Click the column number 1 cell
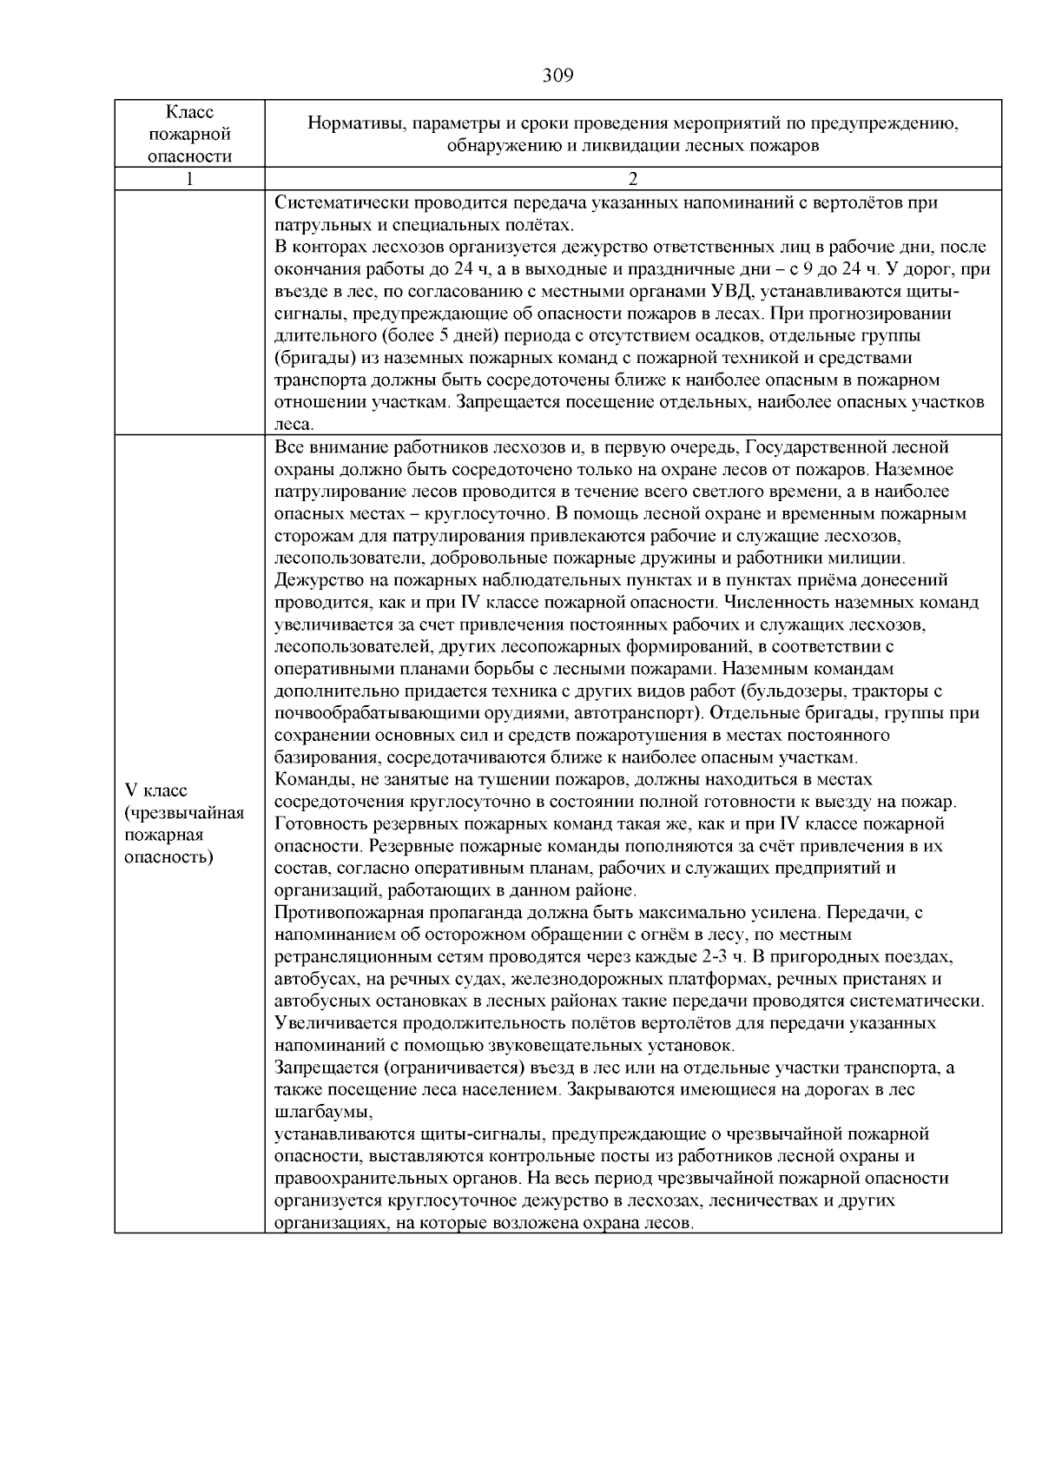[189, 180]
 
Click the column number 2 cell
[633, 180]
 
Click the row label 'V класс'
[157, 790]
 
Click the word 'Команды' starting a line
[306, 779]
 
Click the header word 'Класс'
[189, 113]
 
